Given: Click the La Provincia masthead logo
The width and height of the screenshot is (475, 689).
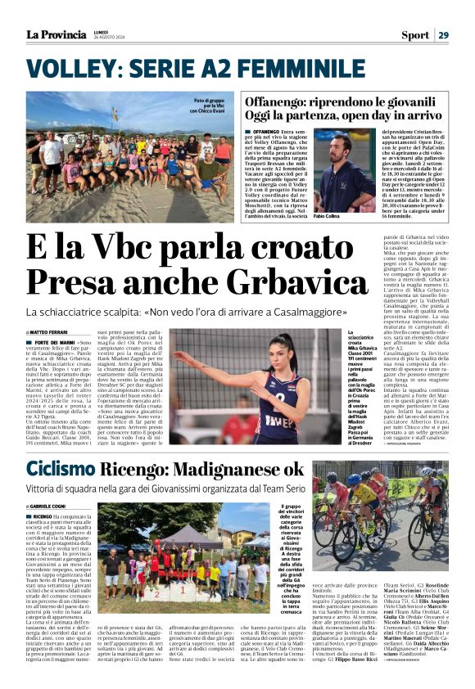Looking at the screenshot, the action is click(x=56, y=34).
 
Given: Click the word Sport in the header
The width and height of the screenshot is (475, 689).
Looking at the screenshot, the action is click(x=414, y=34).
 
